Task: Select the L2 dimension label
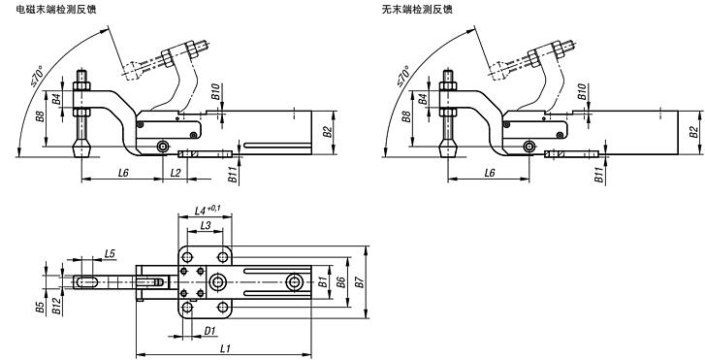[x=175, y=172]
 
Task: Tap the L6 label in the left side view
[x=124, y=172]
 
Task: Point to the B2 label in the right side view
[x=692, y=132]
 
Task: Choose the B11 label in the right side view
[x=598, y=176]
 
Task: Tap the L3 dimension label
[x=206, y=225]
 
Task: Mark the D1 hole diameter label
[x=209, y=330]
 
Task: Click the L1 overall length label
[x=225, y=347]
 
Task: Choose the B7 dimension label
[x=359, y=282]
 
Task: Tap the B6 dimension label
[x=339, y=282]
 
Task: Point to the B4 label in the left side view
[x=57, y=98]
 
